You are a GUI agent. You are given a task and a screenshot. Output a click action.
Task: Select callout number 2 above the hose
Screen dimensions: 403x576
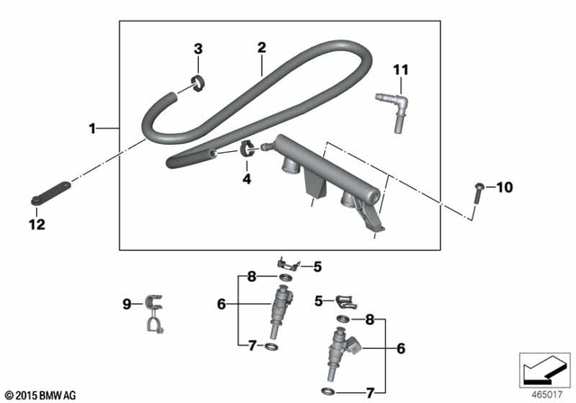(x=261, y=47)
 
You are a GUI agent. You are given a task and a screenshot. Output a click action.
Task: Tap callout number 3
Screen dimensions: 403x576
(x=199, y=49)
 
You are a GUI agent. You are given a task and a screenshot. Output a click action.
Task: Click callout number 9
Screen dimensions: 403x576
(x=127, y=303)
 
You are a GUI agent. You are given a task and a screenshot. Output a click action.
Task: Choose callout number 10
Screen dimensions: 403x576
(x=504, y=187)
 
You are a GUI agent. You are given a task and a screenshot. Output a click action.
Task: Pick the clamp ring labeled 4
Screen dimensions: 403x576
(x=246, y=149)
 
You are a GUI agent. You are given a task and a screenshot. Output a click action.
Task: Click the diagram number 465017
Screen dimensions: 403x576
(x=543, y=392)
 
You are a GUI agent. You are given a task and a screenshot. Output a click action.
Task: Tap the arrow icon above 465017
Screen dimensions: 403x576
(x=543, y=367)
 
